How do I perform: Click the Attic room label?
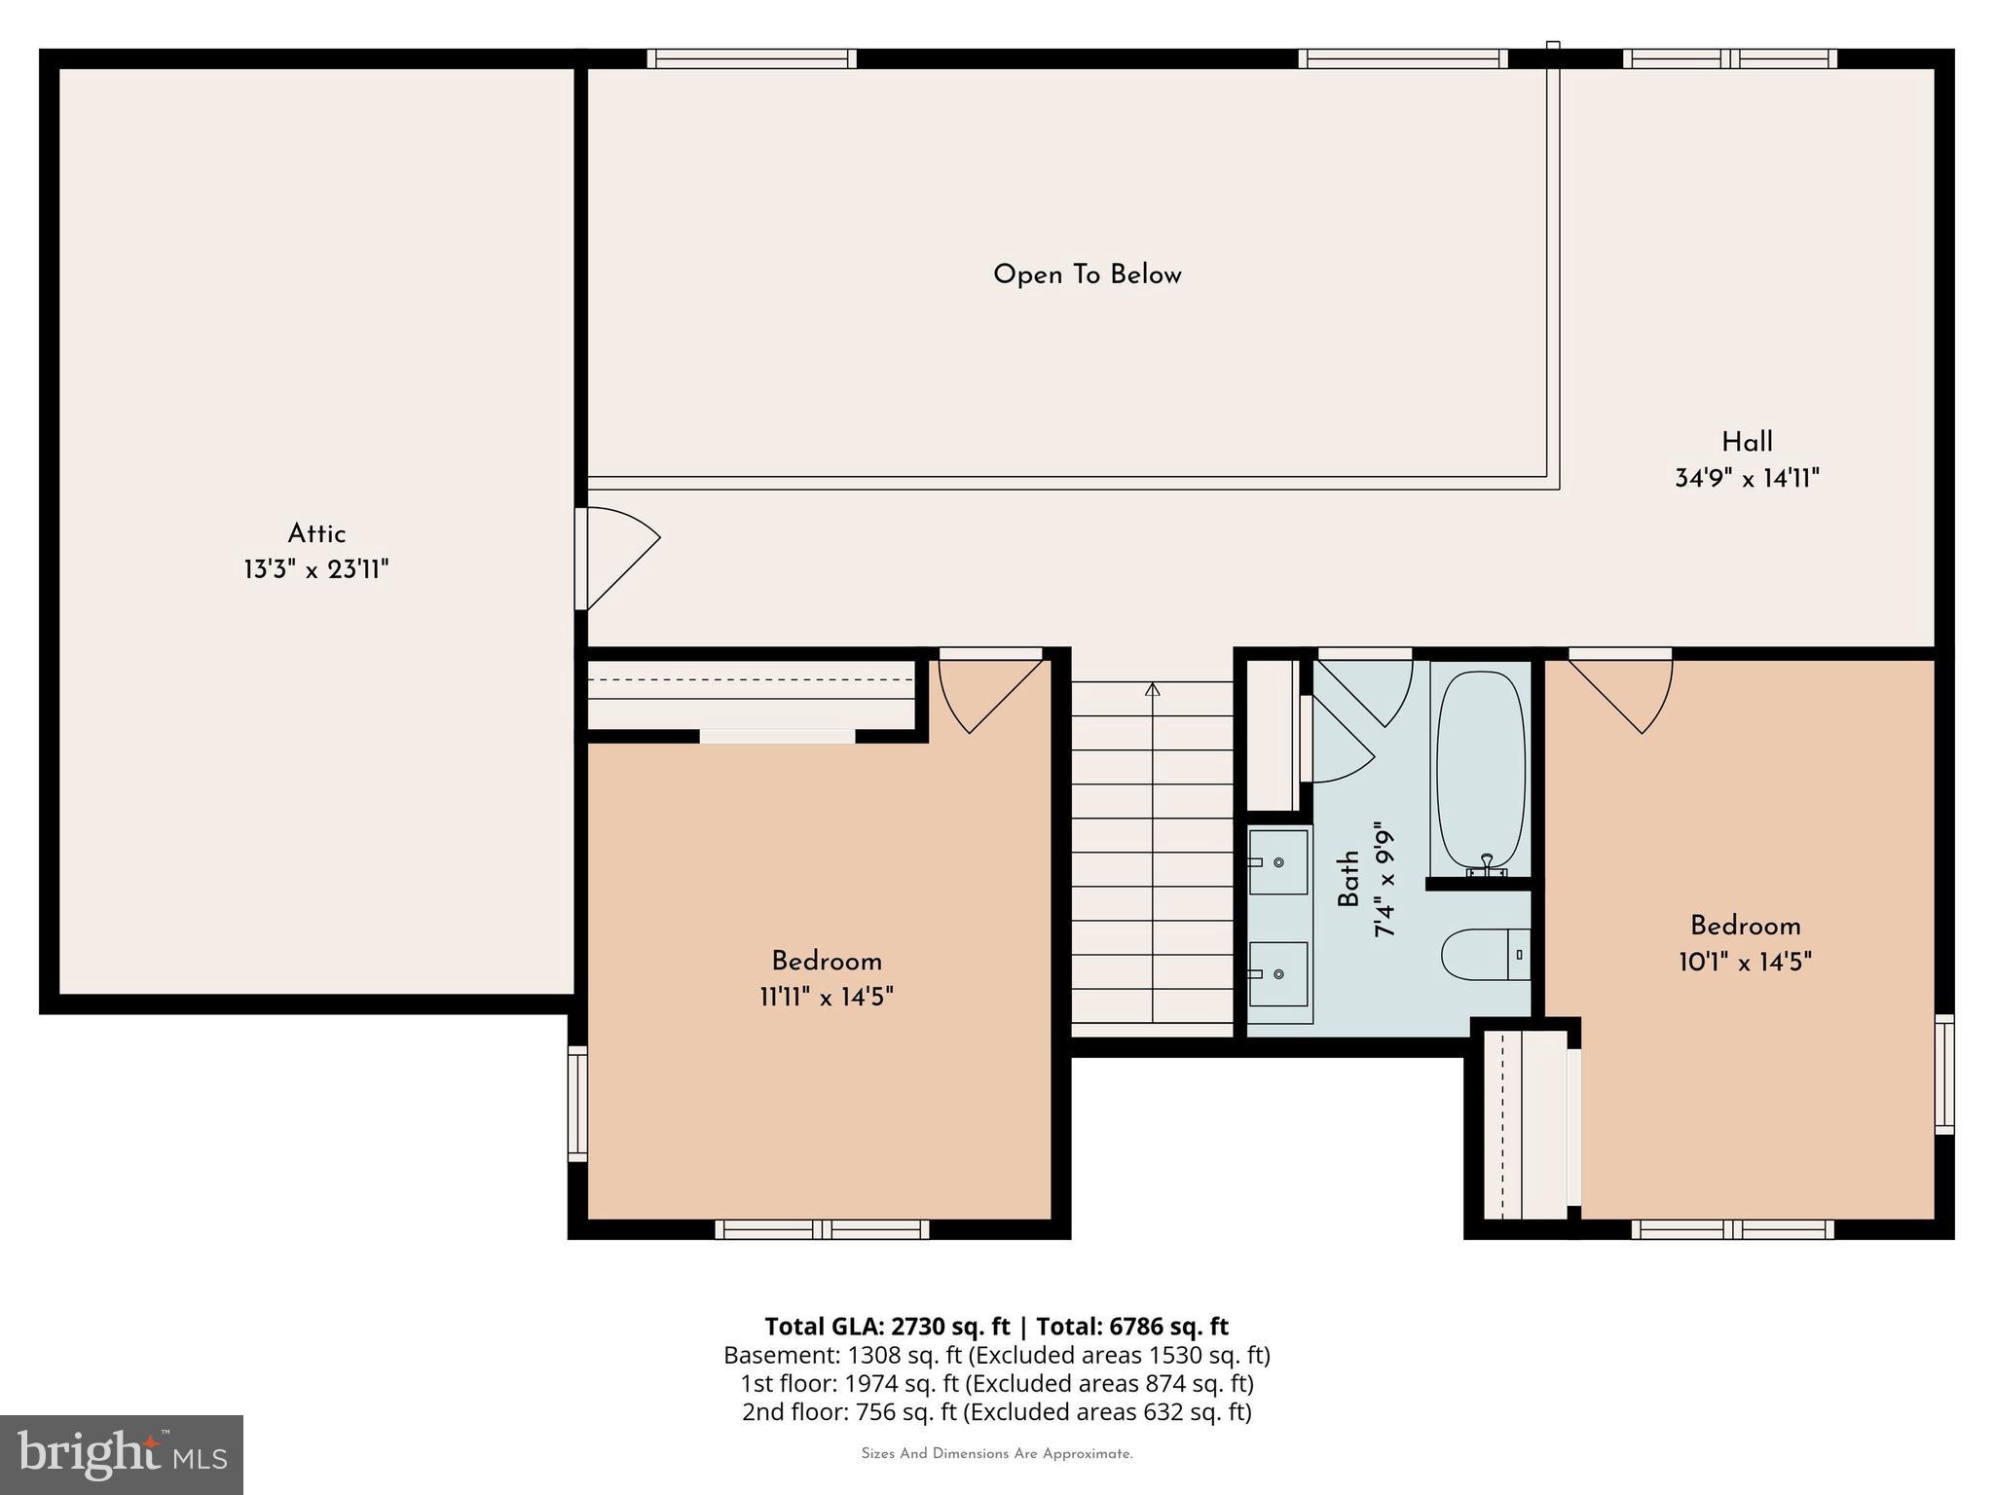[x=316, y=533]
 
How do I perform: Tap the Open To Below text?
[x=1087, y=274]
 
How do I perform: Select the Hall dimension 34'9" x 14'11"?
[x=1747, y=478]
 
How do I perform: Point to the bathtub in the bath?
[x=1480, y=770]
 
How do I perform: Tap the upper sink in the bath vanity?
[x=1278, y=861]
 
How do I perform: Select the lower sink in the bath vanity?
[x=1278, y=973]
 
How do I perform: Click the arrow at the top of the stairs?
[x=1153, y=690]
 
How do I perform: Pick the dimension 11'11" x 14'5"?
[x=827, y=997]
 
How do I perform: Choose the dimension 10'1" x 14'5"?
[x=1745, y=962]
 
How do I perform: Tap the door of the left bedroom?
[x=988, y=695]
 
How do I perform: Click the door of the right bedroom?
[x=1621, y=695]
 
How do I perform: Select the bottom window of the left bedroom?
[x=822, y=1229]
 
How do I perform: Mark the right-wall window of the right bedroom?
[x=1943, y=1074]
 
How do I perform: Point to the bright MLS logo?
[x=122, y=1454]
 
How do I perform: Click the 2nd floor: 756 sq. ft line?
[x=996, y=1411]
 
